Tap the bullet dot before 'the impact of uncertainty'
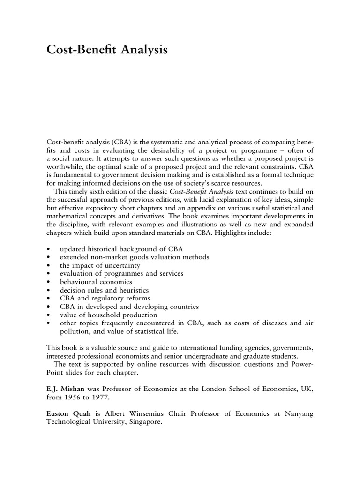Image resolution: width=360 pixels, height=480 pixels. (x=49, y=265)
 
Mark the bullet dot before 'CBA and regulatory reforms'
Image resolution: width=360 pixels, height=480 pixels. (x=49, y=299)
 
